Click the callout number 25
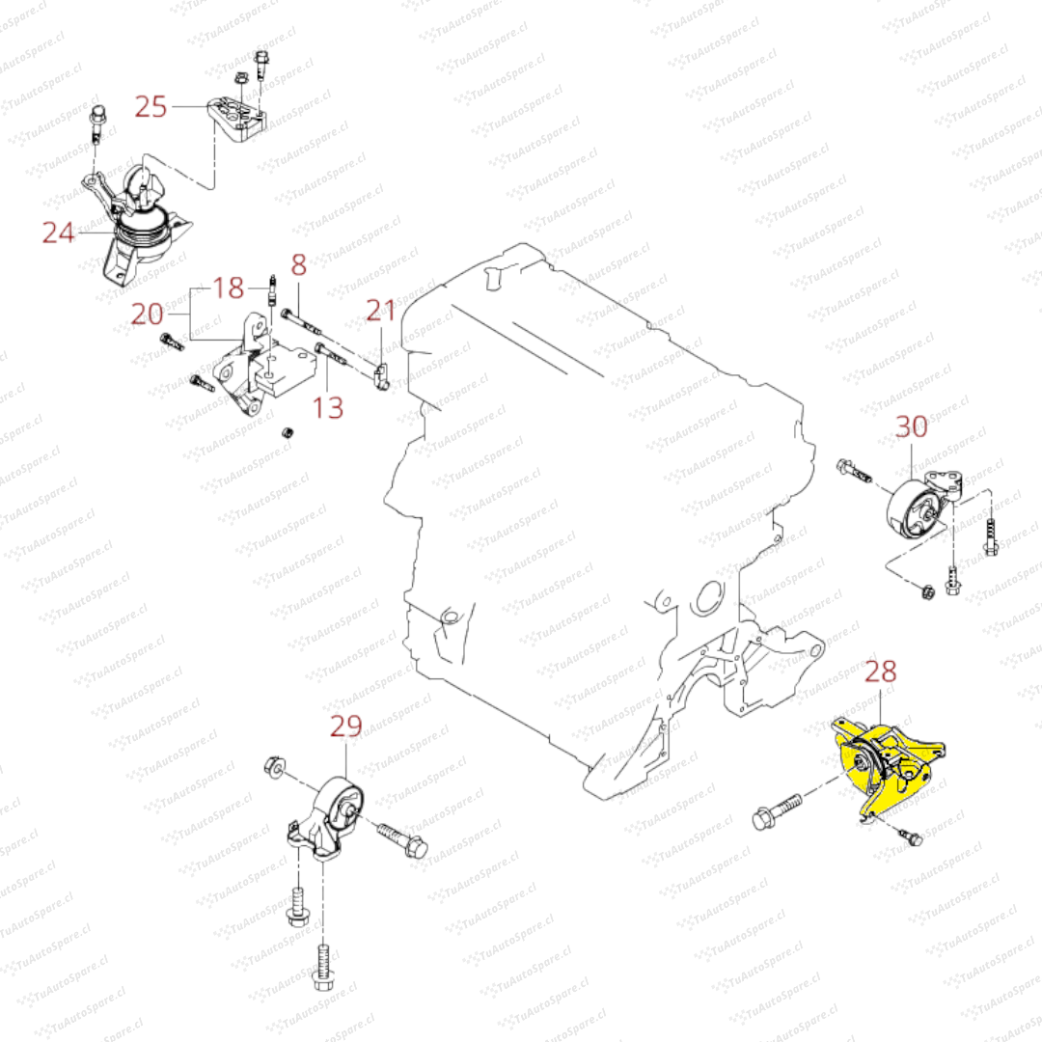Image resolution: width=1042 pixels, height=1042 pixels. [x=151, y=105]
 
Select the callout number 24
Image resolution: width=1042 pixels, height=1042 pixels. [x=58, y=232]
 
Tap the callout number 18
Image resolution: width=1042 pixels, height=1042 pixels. [x=229, y=287]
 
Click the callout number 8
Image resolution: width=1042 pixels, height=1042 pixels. [x=298, y=262]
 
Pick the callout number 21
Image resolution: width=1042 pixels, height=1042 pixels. [x=381, y=310]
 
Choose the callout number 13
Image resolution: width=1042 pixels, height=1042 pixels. [x=329, y=407]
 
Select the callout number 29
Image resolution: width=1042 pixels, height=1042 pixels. [x=346, y=726]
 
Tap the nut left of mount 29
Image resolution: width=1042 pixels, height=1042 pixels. [x=273, y=767]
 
